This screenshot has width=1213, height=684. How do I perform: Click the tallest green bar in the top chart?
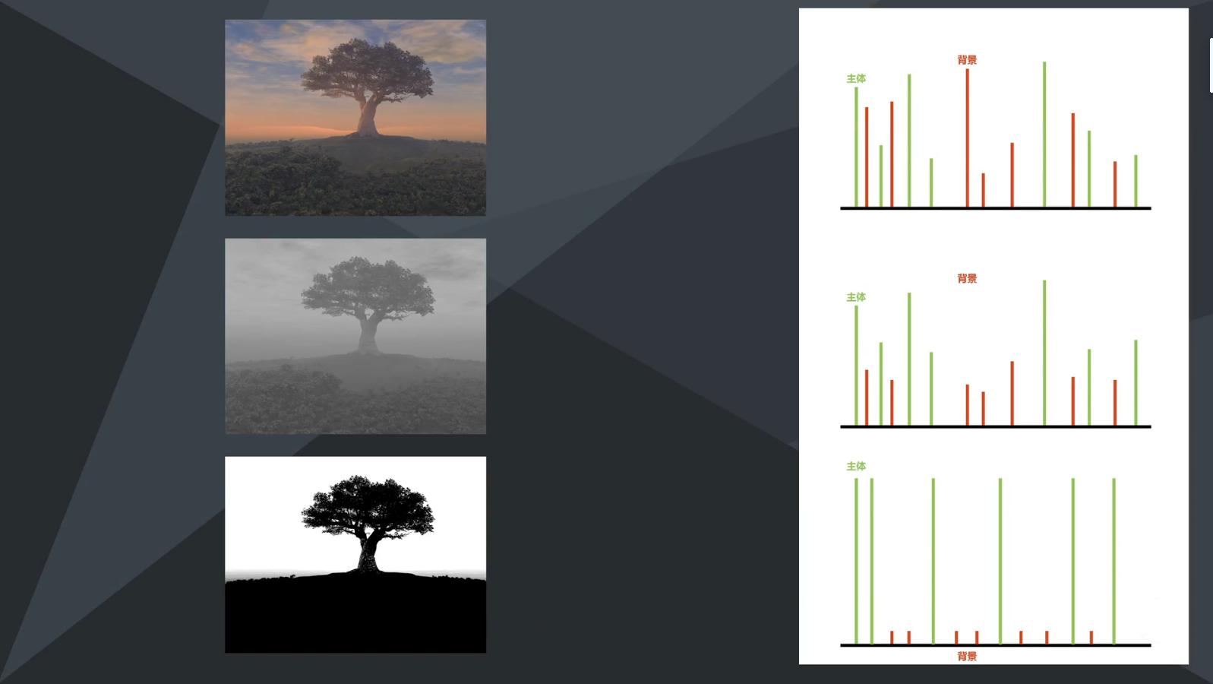point(1044,135)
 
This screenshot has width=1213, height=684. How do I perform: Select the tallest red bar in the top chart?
point(967,138)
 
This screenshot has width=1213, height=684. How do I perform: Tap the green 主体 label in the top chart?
point(856,78)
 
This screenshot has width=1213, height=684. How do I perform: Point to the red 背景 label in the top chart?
point(967,60)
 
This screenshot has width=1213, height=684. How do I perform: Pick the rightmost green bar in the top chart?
point(1136,181)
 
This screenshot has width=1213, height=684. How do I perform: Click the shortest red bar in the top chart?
point(984,190)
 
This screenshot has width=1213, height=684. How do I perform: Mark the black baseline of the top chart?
point(995,208)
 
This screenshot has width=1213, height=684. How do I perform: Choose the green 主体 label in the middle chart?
point(856,297)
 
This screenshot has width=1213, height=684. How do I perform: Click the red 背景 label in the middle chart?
point(967,279)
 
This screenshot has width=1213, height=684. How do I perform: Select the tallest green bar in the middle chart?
point(1044,353)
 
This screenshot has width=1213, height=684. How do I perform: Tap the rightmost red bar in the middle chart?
point(1115,403)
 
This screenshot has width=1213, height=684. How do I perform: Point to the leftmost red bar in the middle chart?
point(867,397)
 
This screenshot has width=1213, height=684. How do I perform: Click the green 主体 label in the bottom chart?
point(856,466)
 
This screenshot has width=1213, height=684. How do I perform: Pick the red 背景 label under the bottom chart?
point(967,657)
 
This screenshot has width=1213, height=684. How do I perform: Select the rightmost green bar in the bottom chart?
point(1114,561)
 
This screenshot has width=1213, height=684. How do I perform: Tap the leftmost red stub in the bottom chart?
point(892,638)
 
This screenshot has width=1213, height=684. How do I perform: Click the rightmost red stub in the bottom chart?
point(1091,638)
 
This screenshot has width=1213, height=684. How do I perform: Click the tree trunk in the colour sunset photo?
point(368,116)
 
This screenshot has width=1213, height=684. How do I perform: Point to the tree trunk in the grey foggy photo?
point(368,335)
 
